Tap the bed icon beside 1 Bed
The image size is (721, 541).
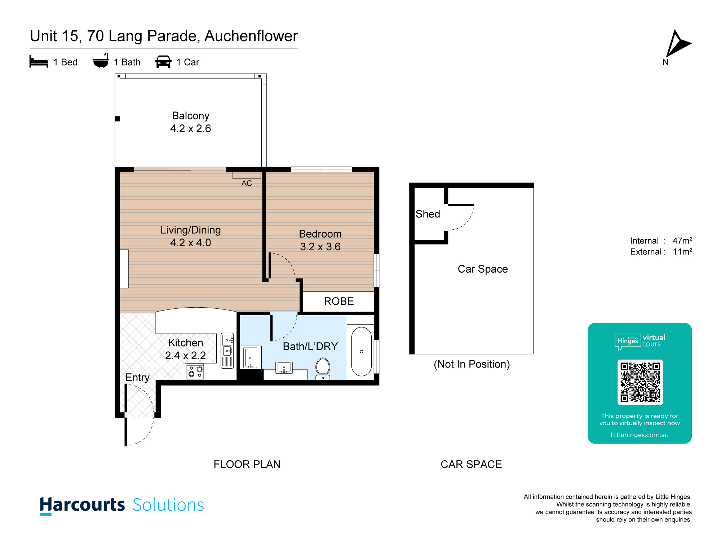coord(39,62)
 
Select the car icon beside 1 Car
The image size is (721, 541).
coord(163,62)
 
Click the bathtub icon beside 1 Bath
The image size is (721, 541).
coord(101,61)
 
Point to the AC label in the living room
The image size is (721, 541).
coord(247,183)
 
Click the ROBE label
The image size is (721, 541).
coord(339,301)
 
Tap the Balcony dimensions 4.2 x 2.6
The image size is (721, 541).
coord(191,128)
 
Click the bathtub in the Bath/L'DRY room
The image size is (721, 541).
coord(361,351)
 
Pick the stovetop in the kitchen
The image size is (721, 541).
coord(195,371)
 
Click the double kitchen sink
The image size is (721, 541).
coord(227,350)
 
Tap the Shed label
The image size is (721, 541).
coord(428,214)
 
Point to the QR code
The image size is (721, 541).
coord(640,382)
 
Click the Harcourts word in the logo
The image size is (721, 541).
coord(82,505)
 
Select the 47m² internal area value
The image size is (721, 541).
coord(682,241)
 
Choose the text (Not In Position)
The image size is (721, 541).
coord(472,364)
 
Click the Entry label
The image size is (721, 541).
coord(137,378)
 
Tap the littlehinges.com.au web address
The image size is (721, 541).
coord(640,435)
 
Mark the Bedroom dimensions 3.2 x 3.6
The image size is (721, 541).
coord(320,247)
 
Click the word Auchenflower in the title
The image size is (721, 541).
coord(251,36)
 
